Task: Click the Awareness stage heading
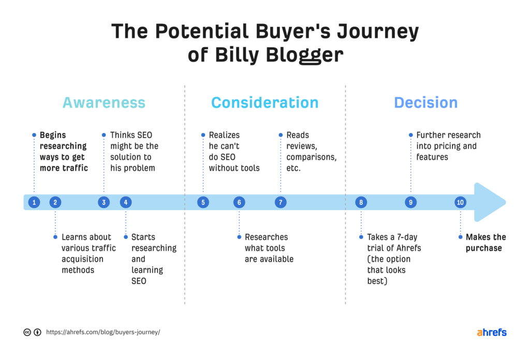point(104,102)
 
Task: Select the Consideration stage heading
point(264,102)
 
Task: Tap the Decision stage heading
point(425,102)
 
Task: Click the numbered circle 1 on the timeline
point(34,202)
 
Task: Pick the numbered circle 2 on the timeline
point(55,202)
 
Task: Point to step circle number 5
point(203,202)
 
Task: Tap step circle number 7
point(281,202)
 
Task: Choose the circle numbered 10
point(460,202)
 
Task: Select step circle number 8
point(361,202)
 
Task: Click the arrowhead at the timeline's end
point(489,202)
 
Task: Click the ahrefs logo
point(491,332)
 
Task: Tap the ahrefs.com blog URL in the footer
point(103,332)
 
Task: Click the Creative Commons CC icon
point(27,332)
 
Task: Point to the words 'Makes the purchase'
point(485,243)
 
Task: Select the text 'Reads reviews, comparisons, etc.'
point(311,152)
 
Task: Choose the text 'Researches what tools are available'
point(269,248)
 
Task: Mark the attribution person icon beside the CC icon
point(38,332)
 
